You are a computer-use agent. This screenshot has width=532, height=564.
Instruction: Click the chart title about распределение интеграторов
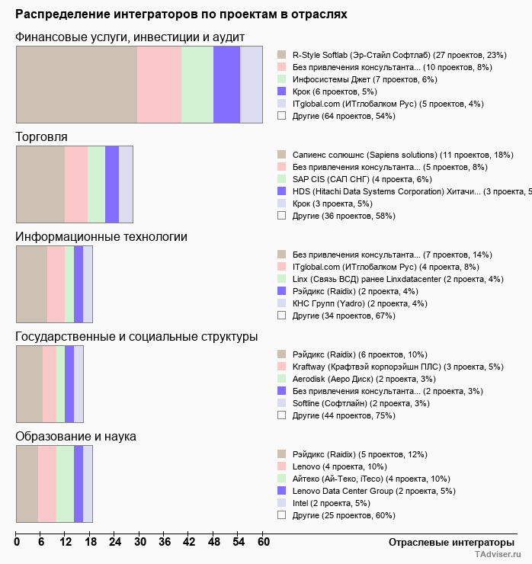tap(181, 14)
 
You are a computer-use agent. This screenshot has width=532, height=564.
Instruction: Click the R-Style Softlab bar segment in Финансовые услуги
tap(76, 85)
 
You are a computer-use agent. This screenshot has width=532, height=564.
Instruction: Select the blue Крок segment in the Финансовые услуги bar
tap(226, 85)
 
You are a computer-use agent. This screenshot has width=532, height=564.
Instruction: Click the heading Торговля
tap(42, 136)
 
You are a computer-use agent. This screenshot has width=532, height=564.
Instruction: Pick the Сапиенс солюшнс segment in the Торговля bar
tap(40, 184)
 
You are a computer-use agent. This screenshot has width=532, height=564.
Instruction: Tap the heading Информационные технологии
tap(101, 236)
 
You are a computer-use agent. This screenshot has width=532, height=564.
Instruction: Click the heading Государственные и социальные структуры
tap(136, 336)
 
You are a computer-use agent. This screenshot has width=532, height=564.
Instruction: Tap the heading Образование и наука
tap(75, 436)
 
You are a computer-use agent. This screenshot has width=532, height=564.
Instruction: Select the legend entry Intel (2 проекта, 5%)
tap(331, 503)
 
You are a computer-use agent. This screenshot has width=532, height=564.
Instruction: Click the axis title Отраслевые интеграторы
tap(446, 543)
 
